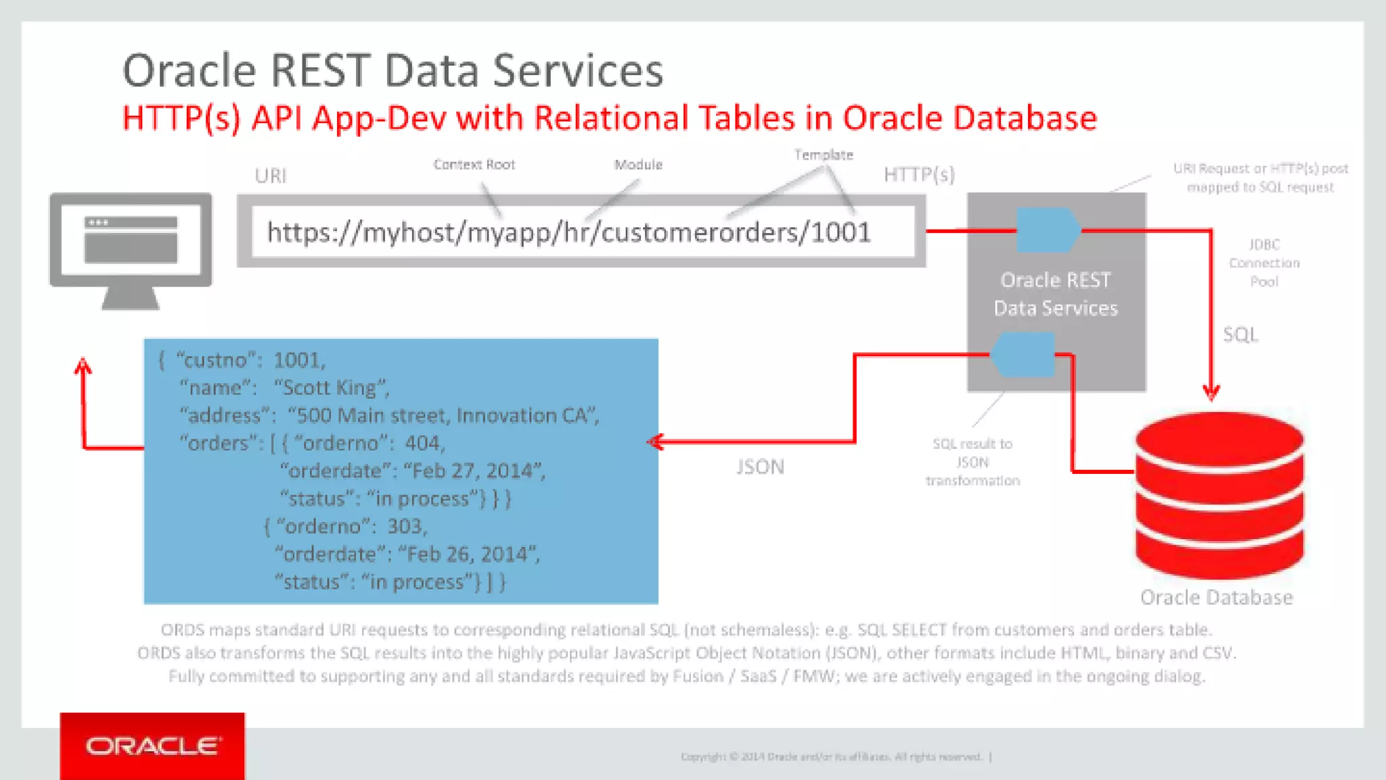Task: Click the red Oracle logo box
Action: [152, 745]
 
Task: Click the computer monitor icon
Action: [131, 248]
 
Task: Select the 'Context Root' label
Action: [474, 165]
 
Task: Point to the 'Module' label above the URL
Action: [638, 165]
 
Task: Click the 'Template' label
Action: [824, 155]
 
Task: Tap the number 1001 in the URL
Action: [841, 232]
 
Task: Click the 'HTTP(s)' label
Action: [919, 175]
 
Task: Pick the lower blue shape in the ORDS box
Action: [1023, 354]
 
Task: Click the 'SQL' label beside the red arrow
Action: [1240, 334]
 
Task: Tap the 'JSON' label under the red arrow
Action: [760, 467]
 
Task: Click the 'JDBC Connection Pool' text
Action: [1264, 263]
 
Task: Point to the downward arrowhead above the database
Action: [1211, 392]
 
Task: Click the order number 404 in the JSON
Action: [424, 443]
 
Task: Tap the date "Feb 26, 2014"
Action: [469, 554]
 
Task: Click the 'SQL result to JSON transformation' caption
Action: [973, 462]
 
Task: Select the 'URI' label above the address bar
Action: [271, 176]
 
